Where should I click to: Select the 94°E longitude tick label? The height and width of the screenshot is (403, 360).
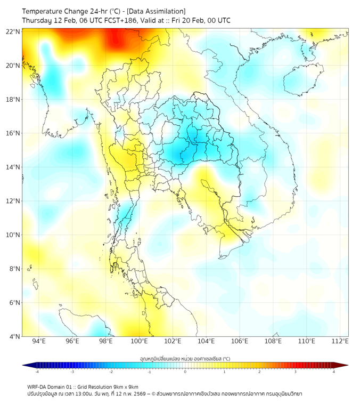tap(39, 341)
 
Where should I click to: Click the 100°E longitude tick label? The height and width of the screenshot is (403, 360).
tap(139, 341)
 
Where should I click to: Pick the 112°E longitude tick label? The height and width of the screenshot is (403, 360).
tap(340, 341)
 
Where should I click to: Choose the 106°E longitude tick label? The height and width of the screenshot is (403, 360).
tap(240, 341)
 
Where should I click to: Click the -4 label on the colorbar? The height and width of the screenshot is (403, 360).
tap(37, 372)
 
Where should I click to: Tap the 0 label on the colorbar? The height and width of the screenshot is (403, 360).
tap(185, 372)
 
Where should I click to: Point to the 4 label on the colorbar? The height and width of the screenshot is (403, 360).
tap(334, 372)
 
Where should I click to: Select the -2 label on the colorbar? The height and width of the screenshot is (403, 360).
tap(111, 372)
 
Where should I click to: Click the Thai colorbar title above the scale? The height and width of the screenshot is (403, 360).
tap(185, 359)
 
